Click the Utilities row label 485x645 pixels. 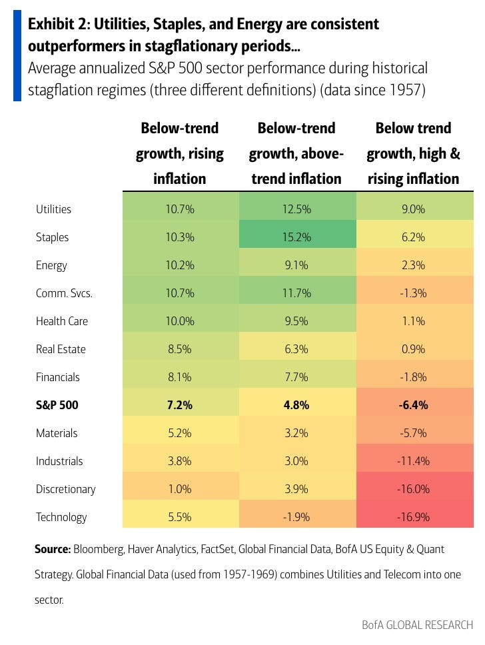point(53,209)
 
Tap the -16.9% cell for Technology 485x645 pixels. point(414,517)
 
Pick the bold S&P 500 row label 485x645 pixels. point(58,405)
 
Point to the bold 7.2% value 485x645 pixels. point(180,405)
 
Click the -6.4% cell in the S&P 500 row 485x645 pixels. point(414,405)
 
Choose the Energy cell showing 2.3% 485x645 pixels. point(414,265)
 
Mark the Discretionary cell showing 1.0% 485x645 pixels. point(180,489)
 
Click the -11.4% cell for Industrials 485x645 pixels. point(414,461)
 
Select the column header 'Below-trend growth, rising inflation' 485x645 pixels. point(180,153)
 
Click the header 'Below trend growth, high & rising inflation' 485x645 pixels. point(414,153)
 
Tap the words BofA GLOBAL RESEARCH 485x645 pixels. point(417,625)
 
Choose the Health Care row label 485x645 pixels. point(62,321)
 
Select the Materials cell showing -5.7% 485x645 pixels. point(414,433)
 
